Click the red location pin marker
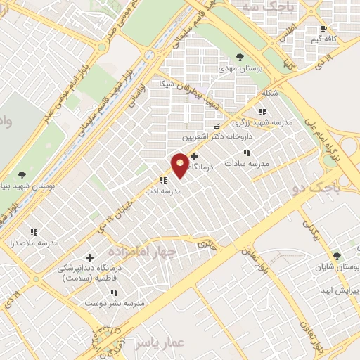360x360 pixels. (181, 165)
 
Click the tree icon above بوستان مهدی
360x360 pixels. (240, 57)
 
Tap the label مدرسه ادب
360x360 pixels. (167, 191)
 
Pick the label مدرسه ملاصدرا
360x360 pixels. (33, 243)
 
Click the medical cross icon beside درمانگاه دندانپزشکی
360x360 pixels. (89, 257)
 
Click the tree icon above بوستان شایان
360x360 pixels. (337, 255)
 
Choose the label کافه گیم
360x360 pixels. (323, 39)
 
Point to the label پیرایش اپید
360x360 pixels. (341, 290)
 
